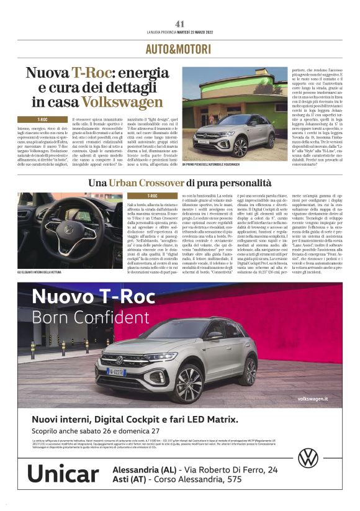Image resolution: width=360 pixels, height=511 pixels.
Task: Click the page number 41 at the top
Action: coord(180,24)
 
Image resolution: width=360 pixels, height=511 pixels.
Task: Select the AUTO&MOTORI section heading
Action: coord(180,49)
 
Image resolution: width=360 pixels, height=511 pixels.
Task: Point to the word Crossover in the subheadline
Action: coord(162,183)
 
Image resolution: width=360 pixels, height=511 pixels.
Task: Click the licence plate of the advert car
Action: coord(117,371)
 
